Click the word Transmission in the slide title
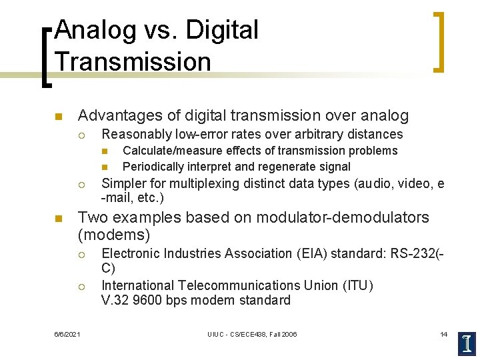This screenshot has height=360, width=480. point(133,61)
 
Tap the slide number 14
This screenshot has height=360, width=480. point(443,334)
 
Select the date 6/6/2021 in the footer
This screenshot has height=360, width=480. point(67,334)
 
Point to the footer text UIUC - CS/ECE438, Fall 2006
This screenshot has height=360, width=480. point(252,334)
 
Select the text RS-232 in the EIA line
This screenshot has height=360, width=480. point(412,253)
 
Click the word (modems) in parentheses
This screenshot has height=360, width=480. point(114,234)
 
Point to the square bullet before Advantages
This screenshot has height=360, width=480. point(58,117)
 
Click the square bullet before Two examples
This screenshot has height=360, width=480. point(58,219)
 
